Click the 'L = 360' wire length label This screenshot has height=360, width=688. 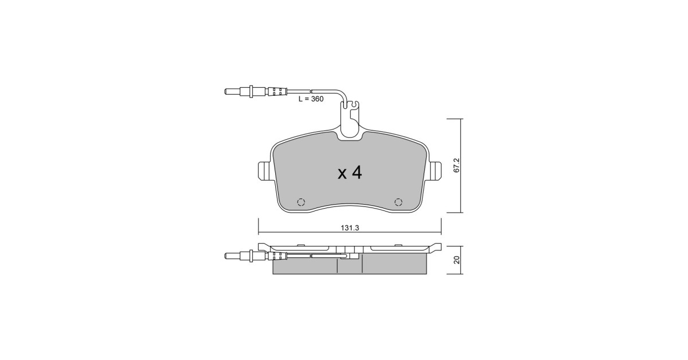click(311, 99)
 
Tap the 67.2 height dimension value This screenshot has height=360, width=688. click(456, 165)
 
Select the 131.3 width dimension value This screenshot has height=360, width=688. click(350, 228)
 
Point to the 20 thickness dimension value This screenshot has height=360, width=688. click(457, 260)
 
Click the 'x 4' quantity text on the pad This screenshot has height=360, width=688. click(350, 173)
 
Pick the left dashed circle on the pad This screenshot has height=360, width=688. click(301, 202)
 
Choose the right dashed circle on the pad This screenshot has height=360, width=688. click(398, 202)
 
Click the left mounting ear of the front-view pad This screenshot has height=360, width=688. click(264, 171)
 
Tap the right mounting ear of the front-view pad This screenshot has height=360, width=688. click(435, 171)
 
